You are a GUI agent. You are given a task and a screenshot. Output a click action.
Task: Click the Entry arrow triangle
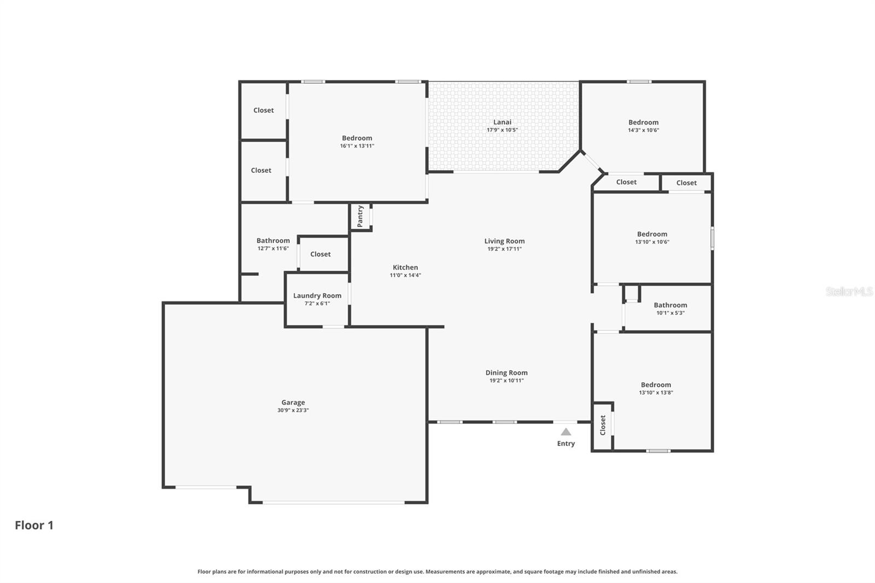tap(566, 432)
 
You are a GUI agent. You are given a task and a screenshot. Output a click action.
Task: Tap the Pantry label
tap(360, 216)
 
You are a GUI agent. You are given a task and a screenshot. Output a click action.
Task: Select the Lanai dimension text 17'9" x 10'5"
tap(502, 130)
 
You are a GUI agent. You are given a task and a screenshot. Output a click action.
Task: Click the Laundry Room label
tap(317, 295)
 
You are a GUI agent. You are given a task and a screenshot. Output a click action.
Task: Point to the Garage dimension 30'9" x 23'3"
tap(293, 410)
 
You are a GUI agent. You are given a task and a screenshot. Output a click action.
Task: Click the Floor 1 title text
tap(34, 525)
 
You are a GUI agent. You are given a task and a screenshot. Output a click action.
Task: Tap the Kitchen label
tap(405, 267)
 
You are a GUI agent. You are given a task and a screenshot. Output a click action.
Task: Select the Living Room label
tap(504, 241)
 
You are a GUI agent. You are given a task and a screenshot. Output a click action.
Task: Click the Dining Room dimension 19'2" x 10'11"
tap(506, 381)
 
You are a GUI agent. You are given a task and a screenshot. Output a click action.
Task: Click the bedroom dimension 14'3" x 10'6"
tap(643, 130)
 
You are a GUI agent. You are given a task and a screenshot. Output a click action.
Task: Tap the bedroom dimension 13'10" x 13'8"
tap(656, 393)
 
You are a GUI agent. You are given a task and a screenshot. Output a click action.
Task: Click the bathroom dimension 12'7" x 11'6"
tap(273, 248)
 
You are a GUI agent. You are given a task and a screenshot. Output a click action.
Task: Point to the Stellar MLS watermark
tap(849, 291)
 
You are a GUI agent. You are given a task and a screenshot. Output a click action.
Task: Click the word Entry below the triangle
tap(566, 444)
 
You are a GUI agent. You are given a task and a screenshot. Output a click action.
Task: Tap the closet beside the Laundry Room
tap(320, 254)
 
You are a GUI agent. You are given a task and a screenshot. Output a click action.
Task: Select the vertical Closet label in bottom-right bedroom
tap(603, 425)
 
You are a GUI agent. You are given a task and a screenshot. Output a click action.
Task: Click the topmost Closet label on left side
tap(264, 110)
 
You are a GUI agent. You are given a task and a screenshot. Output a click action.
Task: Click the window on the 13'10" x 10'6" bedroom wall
tap(712, 239)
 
